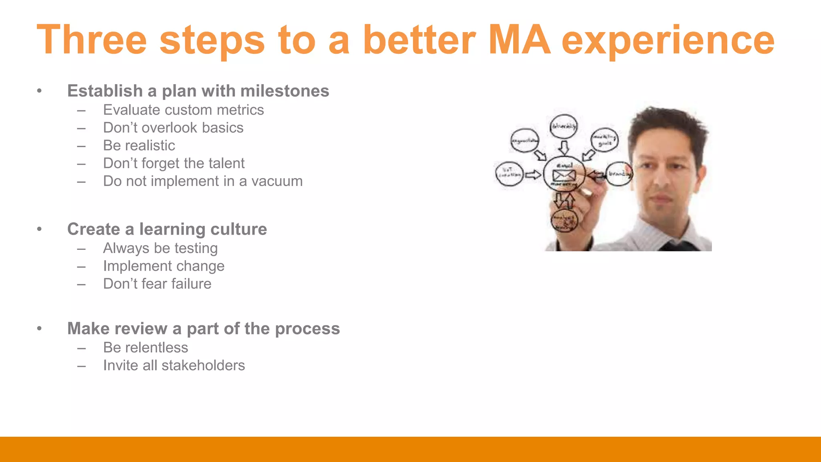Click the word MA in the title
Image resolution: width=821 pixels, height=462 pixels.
(520, 40)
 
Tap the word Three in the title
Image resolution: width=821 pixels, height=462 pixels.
(92, 40)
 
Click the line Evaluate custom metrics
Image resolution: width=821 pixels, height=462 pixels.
(183, 110)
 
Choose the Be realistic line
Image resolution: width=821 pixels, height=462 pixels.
(139, 145)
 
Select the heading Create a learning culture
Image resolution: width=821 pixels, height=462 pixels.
(167, 229)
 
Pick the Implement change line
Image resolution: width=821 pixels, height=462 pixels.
(164, 266)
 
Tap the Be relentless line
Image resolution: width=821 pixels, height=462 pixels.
(145, 347)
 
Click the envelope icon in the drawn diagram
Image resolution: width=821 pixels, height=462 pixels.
(564, 175)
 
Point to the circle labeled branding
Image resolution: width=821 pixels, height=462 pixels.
(619, 174)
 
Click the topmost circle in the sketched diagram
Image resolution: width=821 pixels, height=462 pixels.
(564, 127)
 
